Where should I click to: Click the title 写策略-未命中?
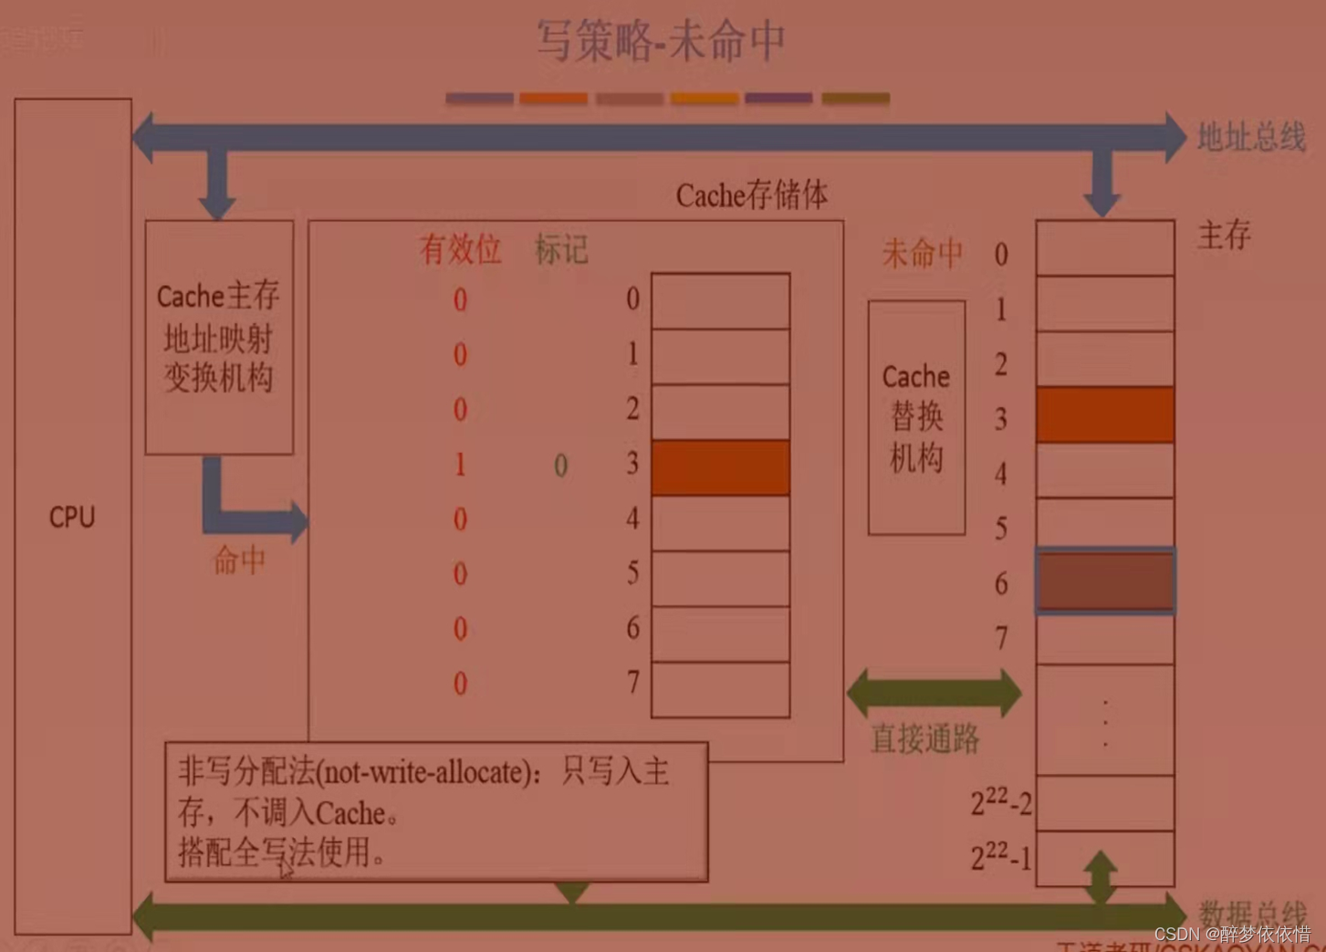(660, 41)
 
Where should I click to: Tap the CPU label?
(72, 518)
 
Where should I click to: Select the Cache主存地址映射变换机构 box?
(219, 337)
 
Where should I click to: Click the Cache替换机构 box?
(916, 417)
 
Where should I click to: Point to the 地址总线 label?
(1250, 137)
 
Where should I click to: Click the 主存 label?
(1223, 235)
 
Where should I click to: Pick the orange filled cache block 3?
(720, 467)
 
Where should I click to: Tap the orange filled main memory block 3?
(1104, 414)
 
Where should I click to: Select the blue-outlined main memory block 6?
(1104, 581)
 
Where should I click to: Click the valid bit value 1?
(460, 465)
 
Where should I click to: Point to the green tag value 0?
(561, 466)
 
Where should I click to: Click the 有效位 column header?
(460, 249)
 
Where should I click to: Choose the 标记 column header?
(561, 249)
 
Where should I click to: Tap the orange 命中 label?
(239, 560)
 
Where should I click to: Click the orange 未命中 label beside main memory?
(922, 253)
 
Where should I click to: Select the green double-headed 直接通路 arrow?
(934, 693)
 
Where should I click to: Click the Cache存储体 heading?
(751, 194)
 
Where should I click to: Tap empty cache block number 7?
(720, 689)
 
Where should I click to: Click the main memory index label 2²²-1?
(1001, 857)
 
